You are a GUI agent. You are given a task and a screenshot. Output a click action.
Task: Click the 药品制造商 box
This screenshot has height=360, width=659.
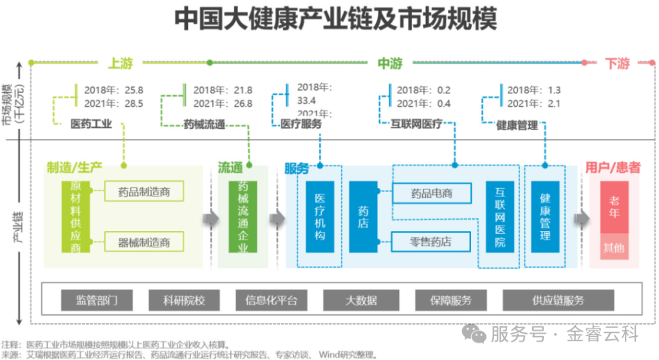tap(144, 191)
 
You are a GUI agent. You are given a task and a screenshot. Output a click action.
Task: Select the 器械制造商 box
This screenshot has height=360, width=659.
tap(144, 242)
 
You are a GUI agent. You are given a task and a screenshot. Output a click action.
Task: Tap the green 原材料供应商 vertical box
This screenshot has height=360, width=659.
tap(76, 217)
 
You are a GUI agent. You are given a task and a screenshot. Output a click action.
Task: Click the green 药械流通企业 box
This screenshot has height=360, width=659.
tap(243, 217)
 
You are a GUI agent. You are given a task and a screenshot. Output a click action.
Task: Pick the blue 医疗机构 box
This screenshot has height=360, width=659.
tap(319, 217)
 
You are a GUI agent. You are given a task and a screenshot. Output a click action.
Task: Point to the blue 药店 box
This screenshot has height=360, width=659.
tap(363, 217)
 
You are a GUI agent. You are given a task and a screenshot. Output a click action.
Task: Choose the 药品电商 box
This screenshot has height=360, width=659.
tap(431, 193)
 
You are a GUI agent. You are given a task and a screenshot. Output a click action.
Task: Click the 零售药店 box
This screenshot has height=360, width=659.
tap(431, 242)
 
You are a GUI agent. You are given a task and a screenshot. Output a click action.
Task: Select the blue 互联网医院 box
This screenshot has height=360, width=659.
tap(500, 217)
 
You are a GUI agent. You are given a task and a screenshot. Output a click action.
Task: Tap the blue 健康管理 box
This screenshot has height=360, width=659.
tap(545, 217)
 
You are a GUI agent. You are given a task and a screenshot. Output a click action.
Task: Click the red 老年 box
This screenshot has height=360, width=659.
tap(614, 207)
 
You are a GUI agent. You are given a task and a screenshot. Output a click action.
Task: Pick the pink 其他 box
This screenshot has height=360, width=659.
tap(614, 248)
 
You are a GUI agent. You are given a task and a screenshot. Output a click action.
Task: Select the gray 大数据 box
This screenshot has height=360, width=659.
tap(361, 300)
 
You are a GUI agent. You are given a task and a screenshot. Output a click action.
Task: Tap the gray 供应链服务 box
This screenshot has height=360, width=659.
tap(558, 300)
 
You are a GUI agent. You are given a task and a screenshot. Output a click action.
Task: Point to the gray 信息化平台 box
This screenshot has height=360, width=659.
tap(272, 300)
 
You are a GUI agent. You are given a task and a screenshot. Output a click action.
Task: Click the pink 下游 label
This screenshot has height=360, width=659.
tap(617, 63)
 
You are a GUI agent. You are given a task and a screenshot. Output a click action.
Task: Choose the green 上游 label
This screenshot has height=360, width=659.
tap(120, 63)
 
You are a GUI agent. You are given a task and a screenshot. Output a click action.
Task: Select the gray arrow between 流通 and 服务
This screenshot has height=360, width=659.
tap(277, 218)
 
